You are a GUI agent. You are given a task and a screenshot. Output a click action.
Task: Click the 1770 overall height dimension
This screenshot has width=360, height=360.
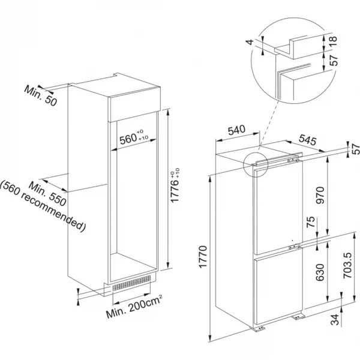[203, 257]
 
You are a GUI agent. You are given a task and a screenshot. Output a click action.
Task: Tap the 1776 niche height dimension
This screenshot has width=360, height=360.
[175, 185]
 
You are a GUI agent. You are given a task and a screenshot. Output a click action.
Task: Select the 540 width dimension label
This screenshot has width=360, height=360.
[236, 130]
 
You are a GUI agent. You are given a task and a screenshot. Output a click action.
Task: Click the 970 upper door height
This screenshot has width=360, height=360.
[320, 196]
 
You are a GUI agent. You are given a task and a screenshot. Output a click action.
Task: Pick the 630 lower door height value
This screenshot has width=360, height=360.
[320, 272]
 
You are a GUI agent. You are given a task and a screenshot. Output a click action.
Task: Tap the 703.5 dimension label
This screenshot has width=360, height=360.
[347, 266]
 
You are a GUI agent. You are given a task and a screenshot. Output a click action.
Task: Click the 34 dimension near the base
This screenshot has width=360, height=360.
[335, 320]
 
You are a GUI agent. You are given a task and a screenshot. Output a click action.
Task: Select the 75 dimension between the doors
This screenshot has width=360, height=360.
[310, 222]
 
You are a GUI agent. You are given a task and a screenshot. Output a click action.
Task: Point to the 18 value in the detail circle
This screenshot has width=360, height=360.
[334, 41]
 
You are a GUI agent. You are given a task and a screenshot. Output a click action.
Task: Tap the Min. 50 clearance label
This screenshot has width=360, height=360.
[40, 95]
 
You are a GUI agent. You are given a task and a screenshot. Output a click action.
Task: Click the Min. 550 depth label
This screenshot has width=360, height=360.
[47, 194]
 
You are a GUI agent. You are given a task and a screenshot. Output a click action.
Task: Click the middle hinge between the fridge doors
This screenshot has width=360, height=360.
[295, 247]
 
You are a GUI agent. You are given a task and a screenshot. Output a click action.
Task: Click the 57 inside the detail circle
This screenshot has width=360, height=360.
[334, 59]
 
